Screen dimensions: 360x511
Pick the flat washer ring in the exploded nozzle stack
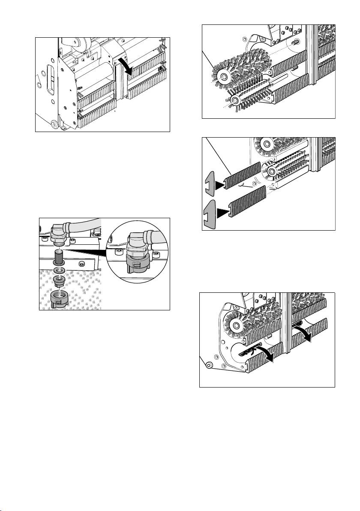(59, 271)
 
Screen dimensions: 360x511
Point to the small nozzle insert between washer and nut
(59, 282)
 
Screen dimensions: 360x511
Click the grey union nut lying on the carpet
(60, 298)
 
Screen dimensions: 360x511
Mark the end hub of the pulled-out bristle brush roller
(222, 76)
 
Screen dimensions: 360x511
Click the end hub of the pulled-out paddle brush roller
(234, 100)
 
